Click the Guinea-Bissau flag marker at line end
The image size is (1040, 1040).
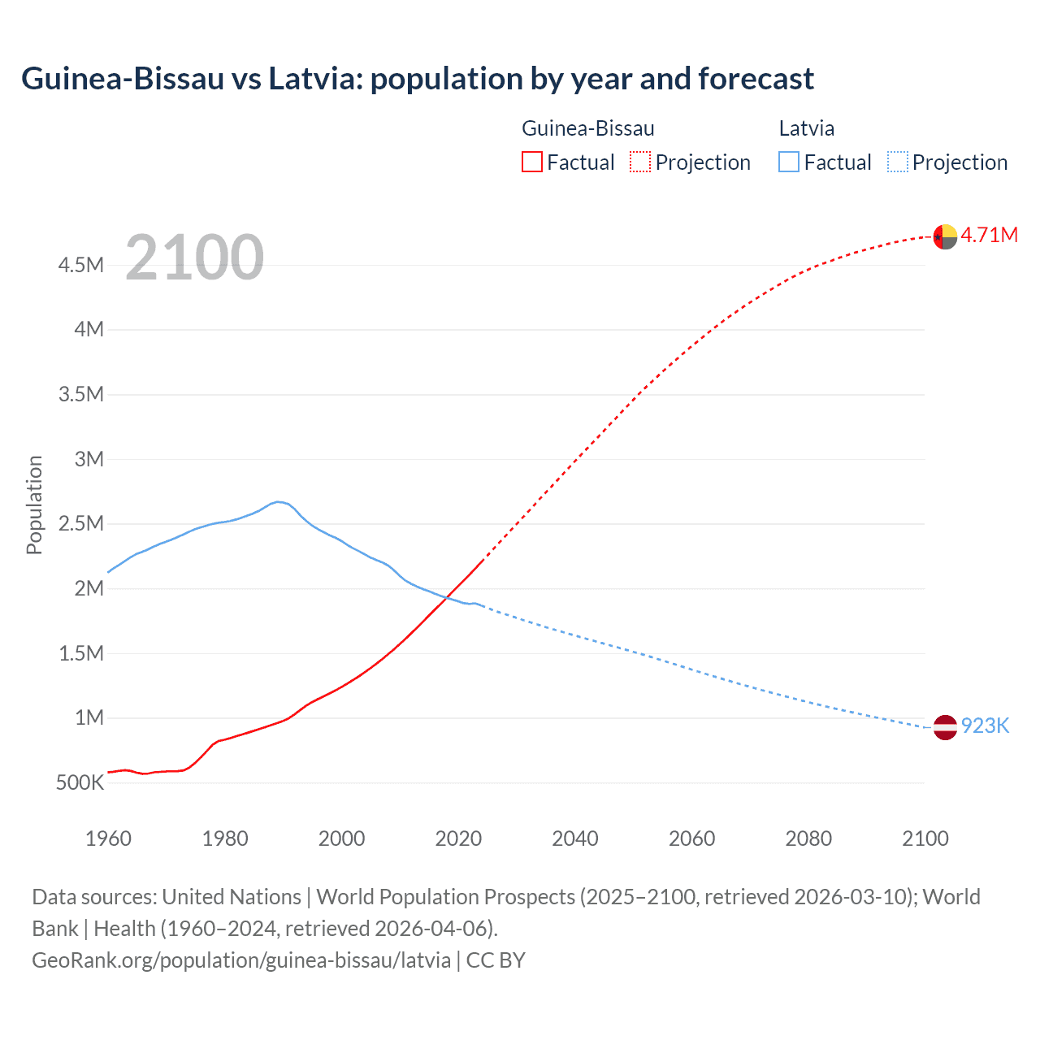[x=945, y=236]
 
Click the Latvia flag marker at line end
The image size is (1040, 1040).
[x=945, y=727]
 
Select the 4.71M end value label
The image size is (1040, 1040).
[x=989, y=236]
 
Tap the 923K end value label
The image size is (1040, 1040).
[x=985, y=726]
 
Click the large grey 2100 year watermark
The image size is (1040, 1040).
[x=194, y=258]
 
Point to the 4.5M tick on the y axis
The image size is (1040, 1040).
[x=81, y=266]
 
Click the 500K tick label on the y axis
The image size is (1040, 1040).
[x=80, y=783]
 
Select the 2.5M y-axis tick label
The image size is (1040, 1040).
[x=81, y=524]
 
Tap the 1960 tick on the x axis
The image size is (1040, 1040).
[x=108, y=838]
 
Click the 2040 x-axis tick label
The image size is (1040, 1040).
[x=575, y=838]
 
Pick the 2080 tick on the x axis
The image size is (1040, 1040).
[x=808, y=838]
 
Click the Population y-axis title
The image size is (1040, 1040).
[x=34, y=505]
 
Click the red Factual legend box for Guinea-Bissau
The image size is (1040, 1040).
[x=531, y=162]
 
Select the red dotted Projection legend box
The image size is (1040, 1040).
[x=640, y=162]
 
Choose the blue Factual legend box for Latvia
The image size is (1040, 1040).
[x=789, y=162]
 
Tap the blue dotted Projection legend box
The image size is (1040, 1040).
[x=898, y=162]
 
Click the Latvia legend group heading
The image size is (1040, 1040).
[x=806, y=128]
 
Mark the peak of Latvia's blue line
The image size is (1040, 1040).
[x=278, y=501]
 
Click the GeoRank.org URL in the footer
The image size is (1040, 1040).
[x=241, y=960]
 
